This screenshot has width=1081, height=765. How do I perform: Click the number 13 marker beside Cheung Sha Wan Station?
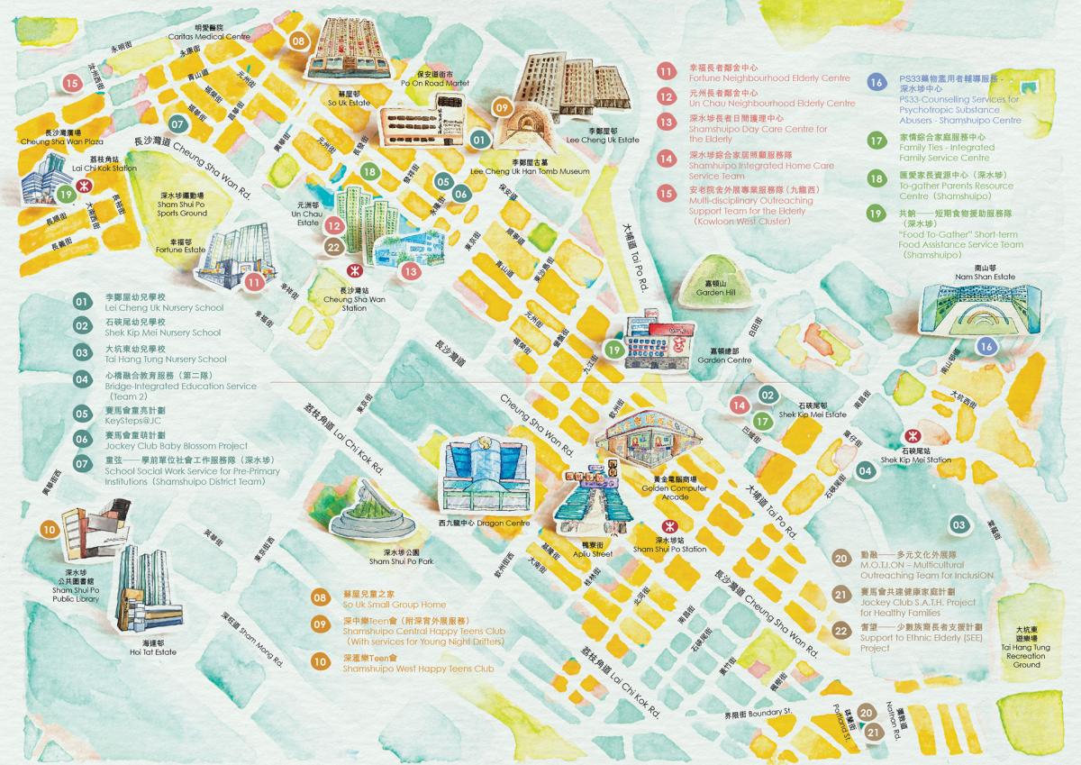(411, 270)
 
